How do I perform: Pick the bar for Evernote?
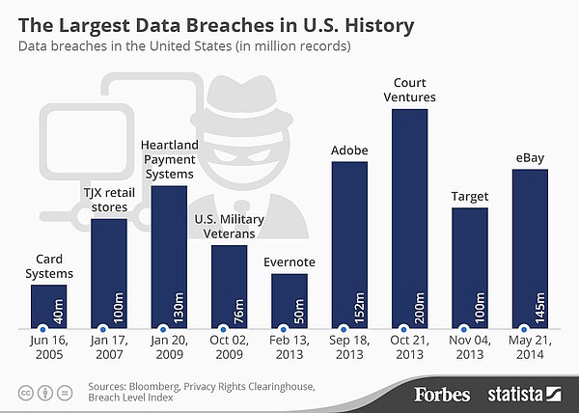(289, 301)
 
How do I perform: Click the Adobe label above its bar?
(349, 151)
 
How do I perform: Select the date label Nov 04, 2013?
(470, 349)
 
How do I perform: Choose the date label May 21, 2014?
(530, 349)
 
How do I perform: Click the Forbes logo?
(442, 394)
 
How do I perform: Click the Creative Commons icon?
(24, 393)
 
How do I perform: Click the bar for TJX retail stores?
(108, 274)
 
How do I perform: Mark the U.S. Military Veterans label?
(229, 227)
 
